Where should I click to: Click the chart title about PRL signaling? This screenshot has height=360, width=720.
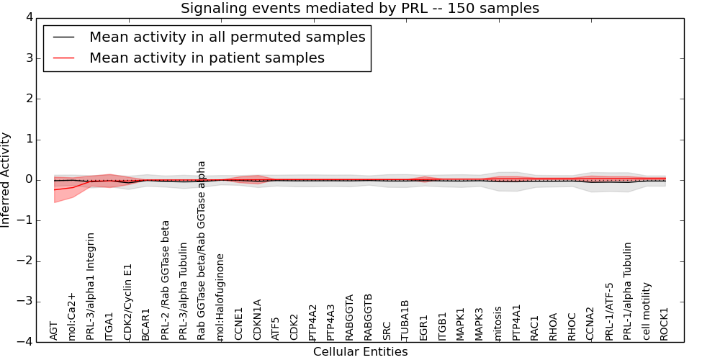coord(359,9)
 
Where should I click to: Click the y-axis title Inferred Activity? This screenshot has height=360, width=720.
coord(6,180)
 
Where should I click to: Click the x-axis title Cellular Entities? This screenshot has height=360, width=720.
coord(360,352)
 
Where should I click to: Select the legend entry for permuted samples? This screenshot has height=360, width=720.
coord(227,37)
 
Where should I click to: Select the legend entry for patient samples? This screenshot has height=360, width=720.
coord(207,58)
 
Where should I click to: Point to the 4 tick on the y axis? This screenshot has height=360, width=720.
coord(39,17)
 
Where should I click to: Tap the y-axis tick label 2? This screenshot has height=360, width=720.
coord(39,99)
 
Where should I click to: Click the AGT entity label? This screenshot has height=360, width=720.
coord(53,330)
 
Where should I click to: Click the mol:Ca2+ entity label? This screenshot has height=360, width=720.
coord(72,316)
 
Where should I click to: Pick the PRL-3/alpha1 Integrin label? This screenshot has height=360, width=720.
coord(91,286)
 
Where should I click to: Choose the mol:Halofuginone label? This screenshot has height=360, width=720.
coord(221,297)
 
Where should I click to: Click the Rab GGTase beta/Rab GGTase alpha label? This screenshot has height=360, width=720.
coord(202,250)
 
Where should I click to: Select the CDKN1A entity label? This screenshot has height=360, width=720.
coord(258,319)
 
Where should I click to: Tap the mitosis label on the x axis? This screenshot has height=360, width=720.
coord(498,323)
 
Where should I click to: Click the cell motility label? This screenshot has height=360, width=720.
coord(647,310)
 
